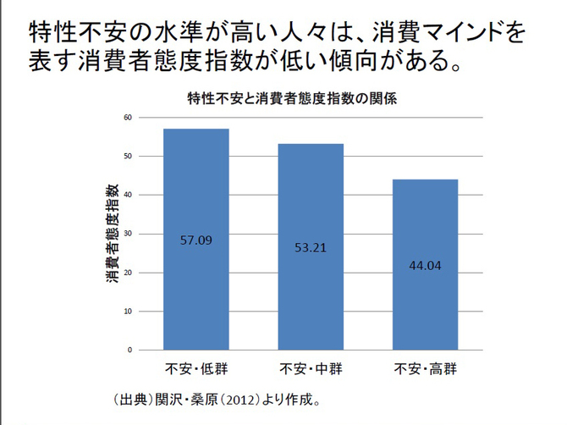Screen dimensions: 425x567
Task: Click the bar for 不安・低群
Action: pos(196,240)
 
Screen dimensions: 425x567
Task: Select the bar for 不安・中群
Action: pos(311,246)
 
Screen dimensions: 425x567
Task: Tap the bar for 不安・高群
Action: pos(425,264)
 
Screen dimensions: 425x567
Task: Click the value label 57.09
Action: pos(196,240)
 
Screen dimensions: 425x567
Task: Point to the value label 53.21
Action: pos(311,248)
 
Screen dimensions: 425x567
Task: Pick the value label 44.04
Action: pos(425,265)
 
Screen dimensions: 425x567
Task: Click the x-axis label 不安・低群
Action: pos(196,369)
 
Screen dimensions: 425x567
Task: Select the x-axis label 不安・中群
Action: pos(311,369)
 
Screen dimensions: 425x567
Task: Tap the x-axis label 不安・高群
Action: pos(425,369)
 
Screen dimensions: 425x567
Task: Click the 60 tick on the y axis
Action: pos(128,117)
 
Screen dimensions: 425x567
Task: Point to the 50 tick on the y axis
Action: pos(128,156)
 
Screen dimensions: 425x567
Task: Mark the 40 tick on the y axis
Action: pos(128,195)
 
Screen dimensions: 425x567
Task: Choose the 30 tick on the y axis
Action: pos(128,234)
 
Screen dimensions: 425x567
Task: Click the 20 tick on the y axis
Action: pos(128,273)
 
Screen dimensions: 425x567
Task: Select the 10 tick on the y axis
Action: pos(128,312)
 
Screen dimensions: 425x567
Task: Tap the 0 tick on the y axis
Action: pos(130,350)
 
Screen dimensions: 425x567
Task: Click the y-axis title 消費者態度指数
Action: pos(111,233)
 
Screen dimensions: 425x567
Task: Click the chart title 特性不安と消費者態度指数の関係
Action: pos(293,97)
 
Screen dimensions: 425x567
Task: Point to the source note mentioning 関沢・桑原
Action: pos(216,398)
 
